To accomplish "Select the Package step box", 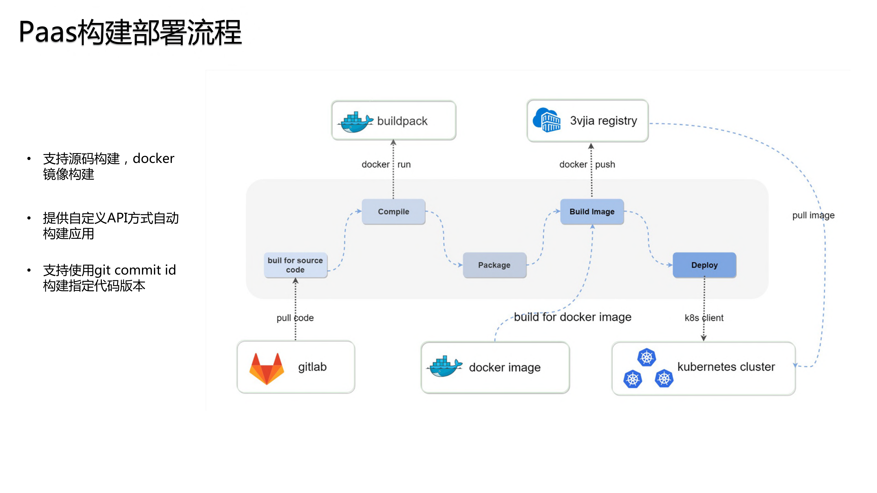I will click(494, 265).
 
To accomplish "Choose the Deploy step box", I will click(704, 265).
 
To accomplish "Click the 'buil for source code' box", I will click(295, 265).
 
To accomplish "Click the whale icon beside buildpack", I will click(355, 122).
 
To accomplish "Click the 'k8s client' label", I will click(704, 318).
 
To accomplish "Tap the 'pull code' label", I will click(295, 318).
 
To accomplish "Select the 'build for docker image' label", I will click(572, 317).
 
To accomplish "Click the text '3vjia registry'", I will click(603, 121).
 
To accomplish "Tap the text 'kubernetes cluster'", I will click(726, 367).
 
